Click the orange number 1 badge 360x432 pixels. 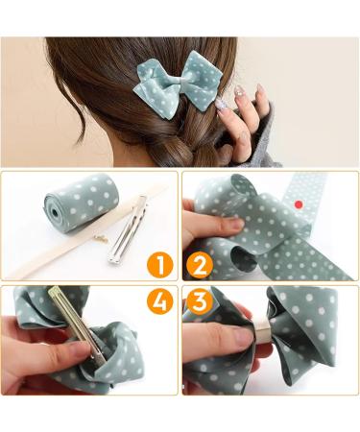pos(161,263)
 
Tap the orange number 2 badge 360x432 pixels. pos(201,263)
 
